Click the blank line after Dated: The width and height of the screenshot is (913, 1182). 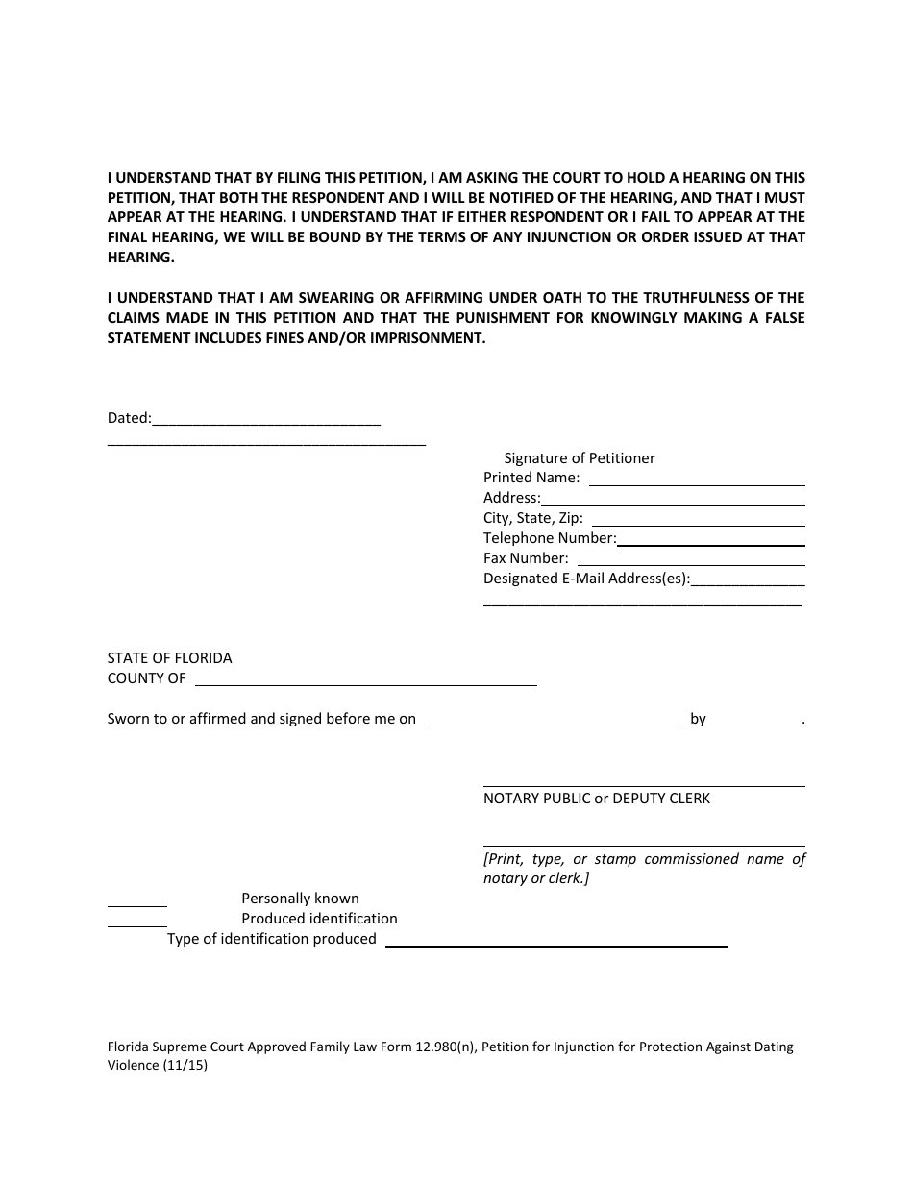(266, 421)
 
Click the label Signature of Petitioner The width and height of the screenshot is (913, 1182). (580, 458)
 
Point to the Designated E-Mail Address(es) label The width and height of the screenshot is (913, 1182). (586, 579)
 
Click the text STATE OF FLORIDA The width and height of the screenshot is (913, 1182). (169, 658)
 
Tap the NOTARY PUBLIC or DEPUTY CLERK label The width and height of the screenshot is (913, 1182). (597, 799)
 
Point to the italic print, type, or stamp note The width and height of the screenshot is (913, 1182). (644, 869)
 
